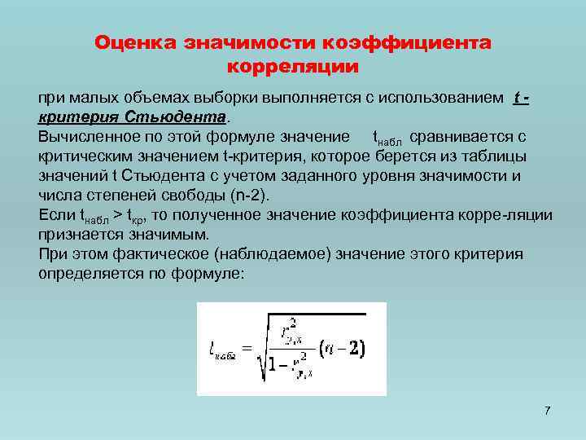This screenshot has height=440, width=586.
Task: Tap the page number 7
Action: click(548, 410)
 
